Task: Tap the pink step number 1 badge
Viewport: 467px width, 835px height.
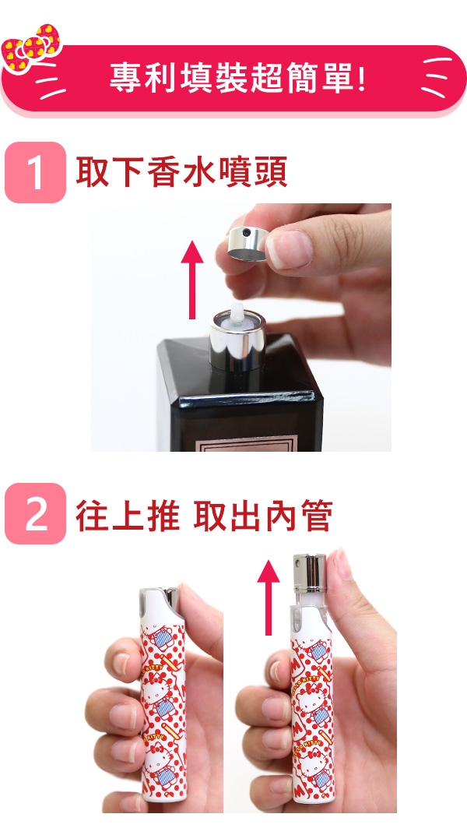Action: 35,172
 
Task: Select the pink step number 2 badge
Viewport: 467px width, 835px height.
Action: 35,513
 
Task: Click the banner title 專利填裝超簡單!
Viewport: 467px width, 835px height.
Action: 237,78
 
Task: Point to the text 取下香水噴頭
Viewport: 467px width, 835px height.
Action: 181,171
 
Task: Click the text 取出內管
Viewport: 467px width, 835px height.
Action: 263,515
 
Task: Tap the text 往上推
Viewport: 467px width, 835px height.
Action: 127,515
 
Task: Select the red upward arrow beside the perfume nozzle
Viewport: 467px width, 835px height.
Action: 192,280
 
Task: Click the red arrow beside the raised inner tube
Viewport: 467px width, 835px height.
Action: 268,597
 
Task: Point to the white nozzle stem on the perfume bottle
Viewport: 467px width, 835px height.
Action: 237,314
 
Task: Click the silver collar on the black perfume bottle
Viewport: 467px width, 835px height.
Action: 237,341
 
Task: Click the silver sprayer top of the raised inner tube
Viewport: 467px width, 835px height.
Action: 310,573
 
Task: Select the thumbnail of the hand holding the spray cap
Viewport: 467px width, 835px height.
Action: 241,327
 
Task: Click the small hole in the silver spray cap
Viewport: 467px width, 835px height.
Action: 246,233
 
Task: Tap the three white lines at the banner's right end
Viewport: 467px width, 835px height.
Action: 436,77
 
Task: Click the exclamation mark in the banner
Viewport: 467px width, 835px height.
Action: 362,78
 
